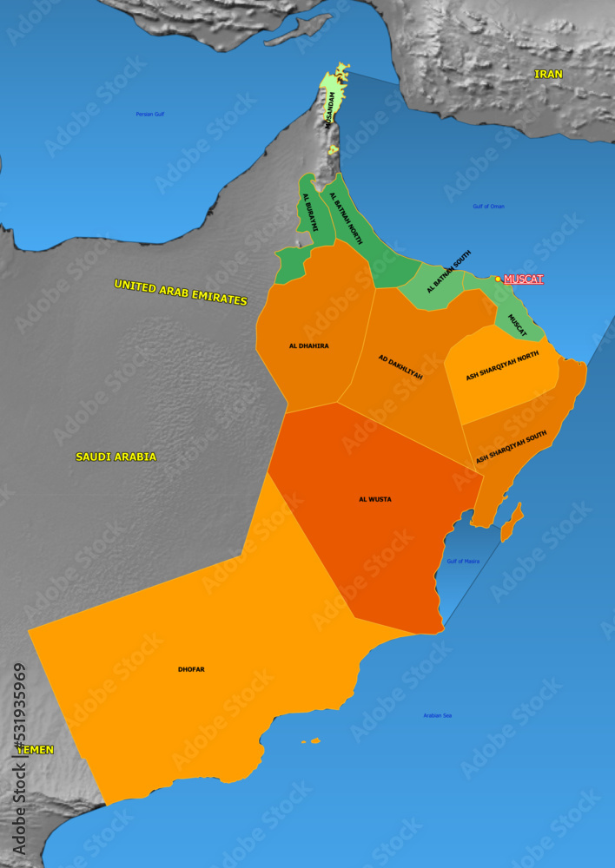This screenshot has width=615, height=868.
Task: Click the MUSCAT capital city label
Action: coord(524,279)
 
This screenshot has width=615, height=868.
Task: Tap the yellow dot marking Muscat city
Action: coord(498,279)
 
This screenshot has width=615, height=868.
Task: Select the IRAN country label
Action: coord(548,75)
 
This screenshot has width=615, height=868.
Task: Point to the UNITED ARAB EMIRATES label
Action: coord(181,292)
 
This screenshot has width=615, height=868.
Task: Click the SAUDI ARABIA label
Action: coord(116,457)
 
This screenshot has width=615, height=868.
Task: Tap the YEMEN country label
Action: coord(36,749)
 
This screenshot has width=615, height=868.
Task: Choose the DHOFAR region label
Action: coord(191,669)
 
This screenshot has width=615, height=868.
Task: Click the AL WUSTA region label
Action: coord(375,500)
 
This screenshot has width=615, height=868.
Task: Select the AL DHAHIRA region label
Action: coord(309,345)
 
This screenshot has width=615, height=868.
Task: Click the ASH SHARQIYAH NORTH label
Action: coord(502,365)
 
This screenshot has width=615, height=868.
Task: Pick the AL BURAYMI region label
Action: coord(310,213)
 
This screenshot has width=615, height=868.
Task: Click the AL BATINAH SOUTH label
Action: coord(449,272)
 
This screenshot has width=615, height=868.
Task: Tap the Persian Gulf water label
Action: coord(149,114)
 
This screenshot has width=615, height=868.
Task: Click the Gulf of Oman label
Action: coord(488,207)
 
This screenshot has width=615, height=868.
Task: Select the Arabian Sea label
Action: coord(437,716)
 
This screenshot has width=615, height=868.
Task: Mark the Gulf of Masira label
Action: coord(463,562)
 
